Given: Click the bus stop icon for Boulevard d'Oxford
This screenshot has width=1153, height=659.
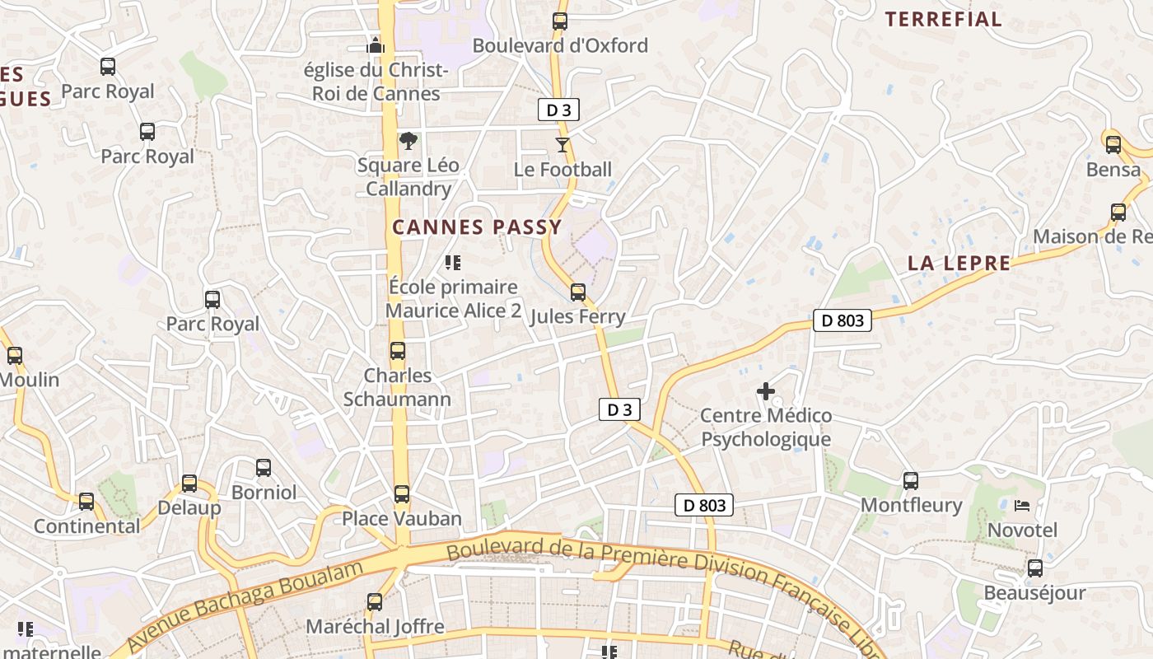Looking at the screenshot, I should tap(560, 21).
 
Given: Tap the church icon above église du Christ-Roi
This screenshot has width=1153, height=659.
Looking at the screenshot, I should tap(376, 45).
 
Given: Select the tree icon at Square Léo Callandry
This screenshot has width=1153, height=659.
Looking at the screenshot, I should tap(408, 141).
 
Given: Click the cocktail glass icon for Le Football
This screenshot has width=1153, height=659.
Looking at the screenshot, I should tap(562, 145).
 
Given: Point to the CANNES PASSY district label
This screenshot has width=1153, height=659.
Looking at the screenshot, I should tap(477, 227).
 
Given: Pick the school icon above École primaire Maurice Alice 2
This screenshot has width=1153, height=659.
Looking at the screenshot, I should tap(452, 263).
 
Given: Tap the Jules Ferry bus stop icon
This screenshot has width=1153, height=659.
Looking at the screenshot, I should tap(578, 292).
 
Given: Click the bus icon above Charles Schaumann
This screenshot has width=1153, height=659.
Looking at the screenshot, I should tap(398, 351).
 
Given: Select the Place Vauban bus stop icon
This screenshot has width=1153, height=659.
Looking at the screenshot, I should tap(402, 494).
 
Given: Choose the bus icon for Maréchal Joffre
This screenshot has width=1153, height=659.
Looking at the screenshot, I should tap(375, 602).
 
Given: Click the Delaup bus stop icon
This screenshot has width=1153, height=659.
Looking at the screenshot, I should tap(189, 484).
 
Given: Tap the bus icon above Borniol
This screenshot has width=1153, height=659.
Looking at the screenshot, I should tap(264, 468).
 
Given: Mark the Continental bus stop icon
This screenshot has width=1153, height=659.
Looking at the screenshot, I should tap(86, 501).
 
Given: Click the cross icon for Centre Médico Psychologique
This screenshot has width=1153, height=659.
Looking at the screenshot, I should tap(766, 391).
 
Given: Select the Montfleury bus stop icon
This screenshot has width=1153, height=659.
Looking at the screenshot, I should tap(911, 480).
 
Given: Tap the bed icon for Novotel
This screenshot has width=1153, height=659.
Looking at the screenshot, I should tap(1022, 505).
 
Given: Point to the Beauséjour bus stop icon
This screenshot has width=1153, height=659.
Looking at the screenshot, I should tap(1035, 568).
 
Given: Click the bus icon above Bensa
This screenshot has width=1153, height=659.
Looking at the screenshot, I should tap(1113, 145).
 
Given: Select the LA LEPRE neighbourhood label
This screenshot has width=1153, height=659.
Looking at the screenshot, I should tap(959, 264).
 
